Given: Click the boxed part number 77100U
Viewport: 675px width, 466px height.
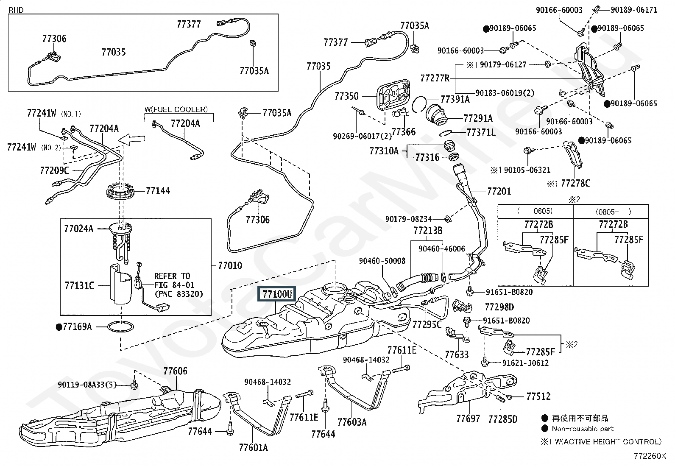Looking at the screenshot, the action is [277, 294].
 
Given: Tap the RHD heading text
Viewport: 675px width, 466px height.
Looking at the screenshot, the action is [16, 10].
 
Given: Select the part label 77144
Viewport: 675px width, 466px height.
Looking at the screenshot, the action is [158, 191].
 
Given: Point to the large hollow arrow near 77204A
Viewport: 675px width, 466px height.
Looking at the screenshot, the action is [132, 139].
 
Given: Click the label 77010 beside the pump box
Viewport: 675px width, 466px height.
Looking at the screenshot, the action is [230, 265].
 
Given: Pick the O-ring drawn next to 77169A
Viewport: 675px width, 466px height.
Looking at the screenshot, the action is [120, 326].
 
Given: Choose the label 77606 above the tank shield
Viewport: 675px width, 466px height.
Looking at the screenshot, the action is [176, 371].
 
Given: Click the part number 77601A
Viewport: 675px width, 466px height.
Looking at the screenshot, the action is [254, 448].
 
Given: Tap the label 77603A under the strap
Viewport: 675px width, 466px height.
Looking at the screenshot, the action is [352, 422].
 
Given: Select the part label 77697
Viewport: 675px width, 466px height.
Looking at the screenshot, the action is [468, 419].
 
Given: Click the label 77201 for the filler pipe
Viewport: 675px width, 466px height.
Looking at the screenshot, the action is [499, 191].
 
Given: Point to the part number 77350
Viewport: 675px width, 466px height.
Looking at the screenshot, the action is [346, 96].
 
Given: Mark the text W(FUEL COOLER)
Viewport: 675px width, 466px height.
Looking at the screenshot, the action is [176, 109].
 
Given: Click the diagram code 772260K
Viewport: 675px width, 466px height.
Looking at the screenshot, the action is [650, 456].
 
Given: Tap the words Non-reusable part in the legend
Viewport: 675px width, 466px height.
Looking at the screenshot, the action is [583, 429].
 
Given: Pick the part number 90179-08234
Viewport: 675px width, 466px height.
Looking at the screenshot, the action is [408, 219].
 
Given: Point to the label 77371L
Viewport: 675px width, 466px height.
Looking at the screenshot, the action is [481, 132].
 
